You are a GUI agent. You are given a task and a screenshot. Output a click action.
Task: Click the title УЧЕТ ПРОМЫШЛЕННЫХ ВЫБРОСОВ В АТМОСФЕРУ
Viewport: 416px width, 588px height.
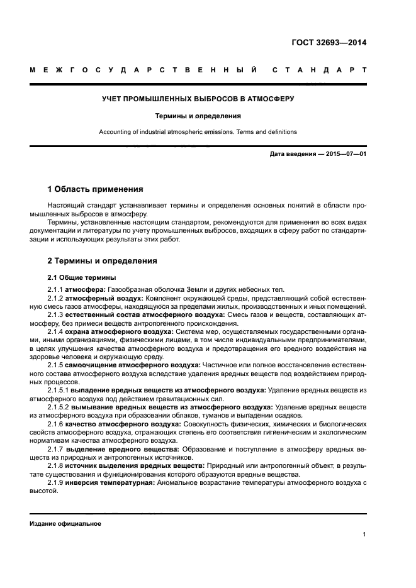pyautogui.click(x=198, y=99)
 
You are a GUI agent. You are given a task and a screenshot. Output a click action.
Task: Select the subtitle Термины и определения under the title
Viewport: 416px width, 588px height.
pyautogui.click(x=198, y=116)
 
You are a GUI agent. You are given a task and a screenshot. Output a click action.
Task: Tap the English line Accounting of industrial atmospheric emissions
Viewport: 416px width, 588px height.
pyautogui.click(x=198, y=132)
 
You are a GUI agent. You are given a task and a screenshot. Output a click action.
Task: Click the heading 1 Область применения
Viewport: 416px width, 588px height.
pyautogui.click(x=96, y=189)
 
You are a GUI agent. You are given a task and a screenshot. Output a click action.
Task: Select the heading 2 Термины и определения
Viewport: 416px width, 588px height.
pyautogui.click(x=103, y=260)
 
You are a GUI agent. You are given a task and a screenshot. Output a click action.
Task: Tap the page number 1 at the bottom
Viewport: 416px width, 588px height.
pyautogui.click(x=364, y=535)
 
